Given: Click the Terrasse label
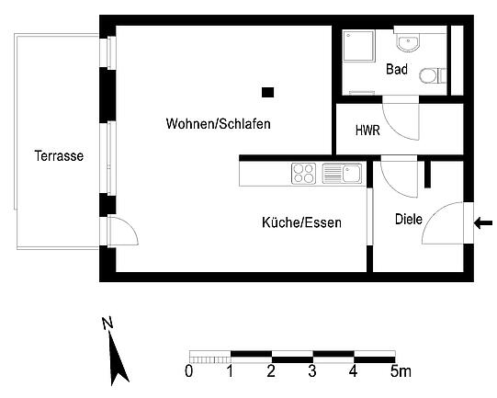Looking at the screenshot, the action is click(59, 156).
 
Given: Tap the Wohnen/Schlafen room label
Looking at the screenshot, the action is click(219, 124).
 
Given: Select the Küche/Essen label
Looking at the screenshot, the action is click(301, 222).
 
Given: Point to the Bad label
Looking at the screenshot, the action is click(397, 69).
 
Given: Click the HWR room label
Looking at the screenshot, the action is click(367, 131).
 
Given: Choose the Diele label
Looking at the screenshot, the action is click(409, 219).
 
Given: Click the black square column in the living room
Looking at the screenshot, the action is click(268, 92).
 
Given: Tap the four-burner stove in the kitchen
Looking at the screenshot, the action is click(303, 174).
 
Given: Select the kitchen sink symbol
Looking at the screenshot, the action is click(343, 173).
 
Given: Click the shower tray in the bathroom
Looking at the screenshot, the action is click(359, 46).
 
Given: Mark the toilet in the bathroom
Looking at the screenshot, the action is click(433, 75).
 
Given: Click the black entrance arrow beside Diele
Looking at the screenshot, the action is click(483, 223).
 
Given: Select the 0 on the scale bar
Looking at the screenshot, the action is click(189, 371).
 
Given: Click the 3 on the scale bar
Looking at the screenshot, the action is click(312, 371).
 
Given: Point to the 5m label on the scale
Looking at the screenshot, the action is click(401, 371).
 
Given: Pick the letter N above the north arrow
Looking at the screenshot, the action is click(107, 323).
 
